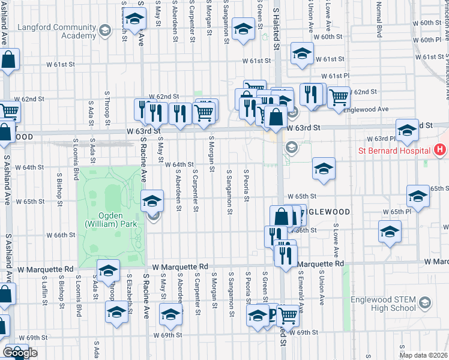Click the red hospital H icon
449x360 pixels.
click(440, 149)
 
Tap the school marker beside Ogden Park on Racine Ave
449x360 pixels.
click(152, 200)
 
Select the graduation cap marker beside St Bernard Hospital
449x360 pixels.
click(406, 130)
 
